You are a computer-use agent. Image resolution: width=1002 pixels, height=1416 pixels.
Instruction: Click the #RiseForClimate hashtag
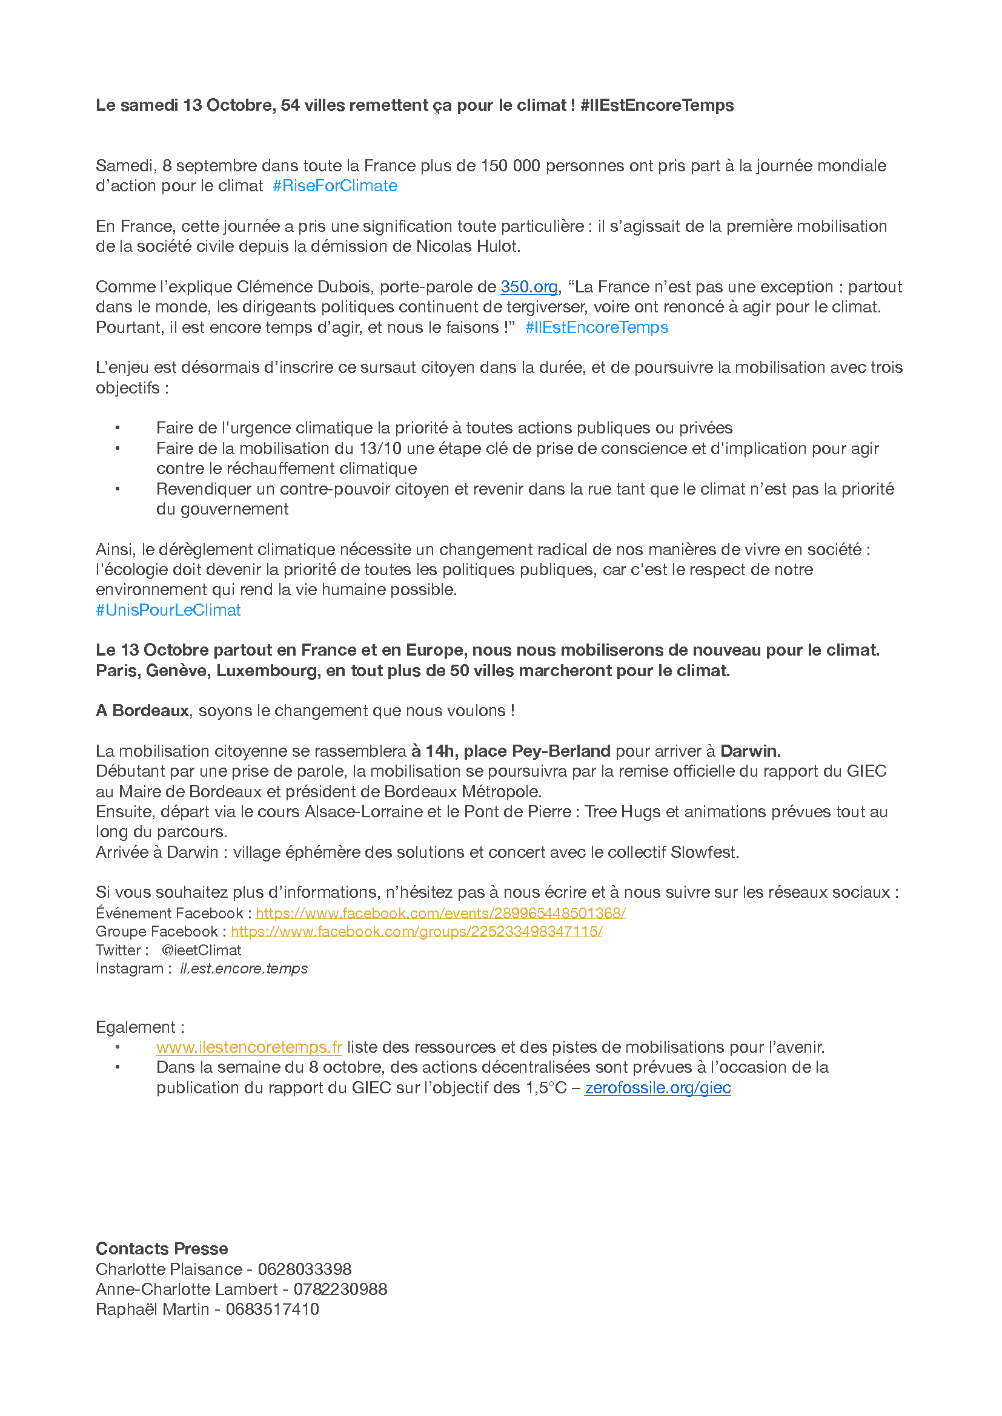335,186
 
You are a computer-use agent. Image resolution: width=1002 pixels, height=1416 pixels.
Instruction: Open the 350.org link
529,287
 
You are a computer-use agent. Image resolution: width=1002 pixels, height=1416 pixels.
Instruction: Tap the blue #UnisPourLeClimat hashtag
168,610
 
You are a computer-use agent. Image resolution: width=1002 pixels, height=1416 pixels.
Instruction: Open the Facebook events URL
440,913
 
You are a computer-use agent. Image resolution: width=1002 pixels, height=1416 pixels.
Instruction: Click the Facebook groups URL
416,931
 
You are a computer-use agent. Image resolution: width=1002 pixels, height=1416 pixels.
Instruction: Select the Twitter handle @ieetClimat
201,950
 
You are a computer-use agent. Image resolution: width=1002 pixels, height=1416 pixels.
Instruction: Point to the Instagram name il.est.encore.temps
244,968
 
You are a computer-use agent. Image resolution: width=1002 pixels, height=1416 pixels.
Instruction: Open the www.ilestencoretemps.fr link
248,1047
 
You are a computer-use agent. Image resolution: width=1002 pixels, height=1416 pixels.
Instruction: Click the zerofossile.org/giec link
658,1087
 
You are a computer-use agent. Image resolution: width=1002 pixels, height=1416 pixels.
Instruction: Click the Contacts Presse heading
162,1248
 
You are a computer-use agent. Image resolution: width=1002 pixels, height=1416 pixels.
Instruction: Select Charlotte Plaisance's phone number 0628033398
305,1269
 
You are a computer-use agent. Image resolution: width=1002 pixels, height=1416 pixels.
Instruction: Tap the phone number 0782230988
340,1289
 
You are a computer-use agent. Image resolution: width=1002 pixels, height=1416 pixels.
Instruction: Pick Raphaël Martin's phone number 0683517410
272,1309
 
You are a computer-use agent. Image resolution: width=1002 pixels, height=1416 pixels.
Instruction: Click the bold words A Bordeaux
142,711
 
